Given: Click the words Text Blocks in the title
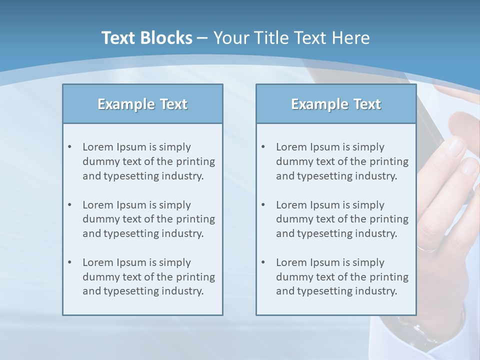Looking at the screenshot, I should click(x=146, y=38).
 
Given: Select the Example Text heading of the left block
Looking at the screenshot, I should click(x=142, y=104).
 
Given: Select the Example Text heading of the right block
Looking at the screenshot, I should click(x=336, y=104).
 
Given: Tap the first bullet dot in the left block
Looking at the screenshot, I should click(x=70, y=147).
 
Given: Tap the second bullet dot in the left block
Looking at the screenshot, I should click(x=70, y=205).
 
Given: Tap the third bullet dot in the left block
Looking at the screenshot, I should click(x=70, y=262).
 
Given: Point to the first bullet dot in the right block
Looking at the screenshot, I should click(x=263, y=147).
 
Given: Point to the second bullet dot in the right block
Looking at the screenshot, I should click(x=263, y=205).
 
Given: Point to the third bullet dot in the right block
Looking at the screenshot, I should click(x=263, y=262).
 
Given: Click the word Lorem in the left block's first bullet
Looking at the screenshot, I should click(x=97, y=147).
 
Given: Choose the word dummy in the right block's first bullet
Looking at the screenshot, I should click(x=292, y=161).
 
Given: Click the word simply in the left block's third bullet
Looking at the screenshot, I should click(x=175, y=262).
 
